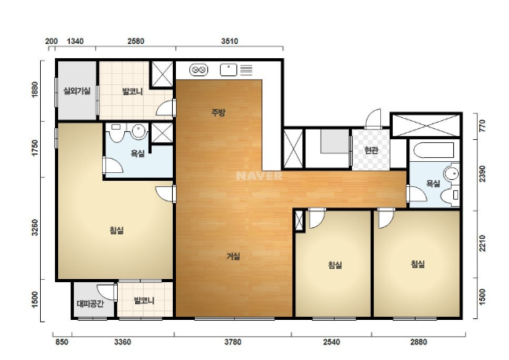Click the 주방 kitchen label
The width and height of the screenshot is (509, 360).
pos(218,112)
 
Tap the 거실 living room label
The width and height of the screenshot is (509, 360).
pos(233,256)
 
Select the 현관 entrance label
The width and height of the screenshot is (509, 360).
pos(371,150)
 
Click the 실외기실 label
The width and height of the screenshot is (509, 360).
pos(77,91)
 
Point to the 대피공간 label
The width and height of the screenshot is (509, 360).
pos(90,303)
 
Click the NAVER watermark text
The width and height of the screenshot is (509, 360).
pos(259,176)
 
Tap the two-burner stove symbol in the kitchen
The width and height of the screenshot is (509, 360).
pos(199,70)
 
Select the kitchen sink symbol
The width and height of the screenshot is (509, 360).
pos(229,70)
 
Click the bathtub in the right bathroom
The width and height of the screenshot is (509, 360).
pos(434,150)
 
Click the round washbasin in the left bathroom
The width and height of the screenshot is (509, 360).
pos(138,130)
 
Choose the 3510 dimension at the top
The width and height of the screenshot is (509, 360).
pos(229,41)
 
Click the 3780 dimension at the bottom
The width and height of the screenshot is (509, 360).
pos(233,342)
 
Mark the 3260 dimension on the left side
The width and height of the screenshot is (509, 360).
pos(35,228)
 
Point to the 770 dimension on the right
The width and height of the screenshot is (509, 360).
pos(482,126)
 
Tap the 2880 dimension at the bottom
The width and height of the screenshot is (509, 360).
pos(419,342)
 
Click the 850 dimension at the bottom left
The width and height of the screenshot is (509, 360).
pos(62,342)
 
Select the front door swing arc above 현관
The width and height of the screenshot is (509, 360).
pos(373,118)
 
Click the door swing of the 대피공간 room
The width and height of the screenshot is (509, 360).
pos(107,292)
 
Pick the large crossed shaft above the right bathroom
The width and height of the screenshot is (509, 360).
pos(426,125)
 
